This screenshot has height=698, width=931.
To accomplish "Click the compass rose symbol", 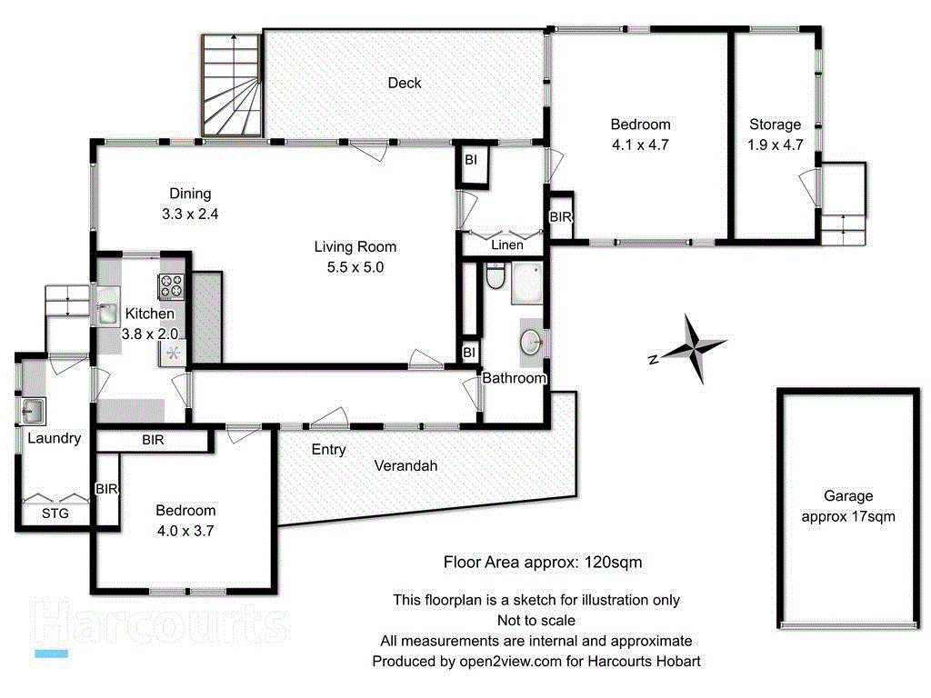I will [x=694, y=347].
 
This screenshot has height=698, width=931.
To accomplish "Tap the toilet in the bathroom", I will [x=496, y=276].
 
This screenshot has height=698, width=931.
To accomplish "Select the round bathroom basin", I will [x=532, y=343].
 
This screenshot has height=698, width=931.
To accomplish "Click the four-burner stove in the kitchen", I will [x=172, y=286].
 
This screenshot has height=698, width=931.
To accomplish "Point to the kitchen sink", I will [x=106, y=314].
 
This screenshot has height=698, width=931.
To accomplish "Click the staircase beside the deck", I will [x=232, y=83].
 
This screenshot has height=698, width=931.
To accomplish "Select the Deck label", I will [x=405, y=83].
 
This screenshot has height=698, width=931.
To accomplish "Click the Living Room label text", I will [x=355, y=246].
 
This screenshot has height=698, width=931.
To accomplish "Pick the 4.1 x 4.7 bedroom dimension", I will [x=640, y=145].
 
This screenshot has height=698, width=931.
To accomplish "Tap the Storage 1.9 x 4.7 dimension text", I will [x=776, y=145].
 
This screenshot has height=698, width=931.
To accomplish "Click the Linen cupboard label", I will [x=506, y=245].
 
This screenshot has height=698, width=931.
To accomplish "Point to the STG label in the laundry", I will [x=55, y=514].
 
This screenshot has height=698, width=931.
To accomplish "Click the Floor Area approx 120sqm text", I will [x=542, y=562].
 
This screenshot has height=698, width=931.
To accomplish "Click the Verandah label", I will [x=405, y=465].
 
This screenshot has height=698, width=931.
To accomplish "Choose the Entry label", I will [x=328, y=449].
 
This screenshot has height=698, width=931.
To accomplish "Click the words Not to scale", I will [x=536, y=621].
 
